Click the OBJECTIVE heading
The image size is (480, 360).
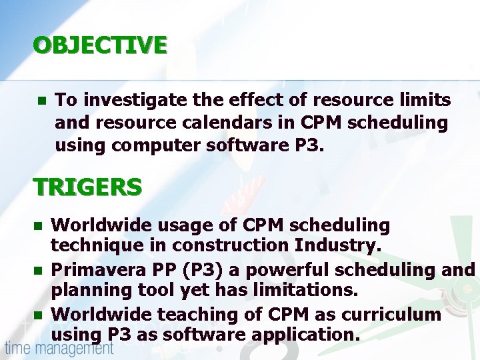100,45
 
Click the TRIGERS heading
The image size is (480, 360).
87,187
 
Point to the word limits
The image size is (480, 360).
425,100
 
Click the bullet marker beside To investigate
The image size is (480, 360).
40,101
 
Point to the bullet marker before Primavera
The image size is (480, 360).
40,270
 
